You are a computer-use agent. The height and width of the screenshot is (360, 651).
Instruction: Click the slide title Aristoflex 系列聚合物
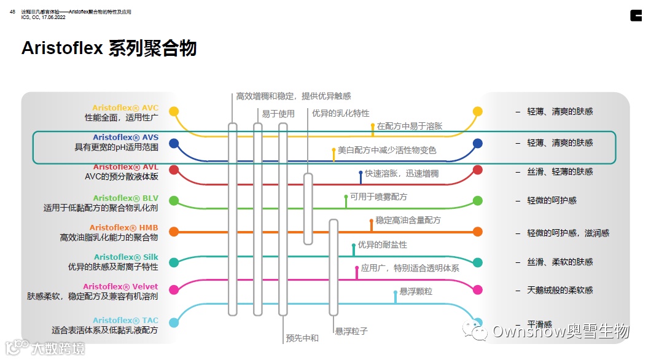coord(109,49)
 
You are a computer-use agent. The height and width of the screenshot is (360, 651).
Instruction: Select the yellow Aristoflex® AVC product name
coord(125,108)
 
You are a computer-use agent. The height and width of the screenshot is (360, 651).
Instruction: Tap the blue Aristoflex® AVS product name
coord(125,138)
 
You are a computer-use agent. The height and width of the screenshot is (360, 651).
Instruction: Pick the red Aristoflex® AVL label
coord(125,167)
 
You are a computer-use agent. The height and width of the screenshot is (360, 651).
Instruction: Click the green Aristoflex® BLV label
coord(125,198)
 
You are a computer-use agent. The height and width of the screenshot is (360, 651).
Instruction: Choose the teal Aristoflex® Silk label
coord(126,257)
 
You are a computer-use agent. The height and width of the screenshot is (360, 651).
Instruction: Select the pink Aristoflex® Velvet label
coord(120,286)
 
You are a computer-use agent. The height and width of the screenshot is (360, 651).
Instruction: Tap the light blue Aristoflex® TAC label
coord(125,320)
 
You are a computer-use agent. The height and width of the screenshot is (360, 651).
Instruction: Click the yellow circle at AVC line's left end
coord(174,112)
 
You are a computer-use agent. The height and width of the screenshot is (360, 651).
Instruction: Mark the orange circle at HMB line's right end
coord(478,232)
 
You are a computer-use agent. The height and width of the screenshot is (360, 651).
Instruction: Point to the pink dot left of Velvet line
coord(174,289)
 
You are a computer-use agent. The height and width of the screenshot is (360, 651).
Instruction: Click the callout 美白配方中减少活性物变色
coord(387,150)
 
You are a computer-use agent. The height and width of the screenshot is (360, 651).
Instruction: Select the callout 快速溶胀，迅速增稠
coord(402,174)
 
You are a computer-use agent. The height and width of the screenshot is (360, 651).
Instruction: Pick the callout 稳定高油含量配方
coord(408,220)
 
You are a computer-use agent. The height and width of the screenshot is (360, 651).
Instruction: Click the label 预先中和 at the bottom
coord(302,338)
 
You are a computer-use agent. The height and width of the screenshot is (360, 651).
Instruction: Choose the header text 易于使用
coord(278,114)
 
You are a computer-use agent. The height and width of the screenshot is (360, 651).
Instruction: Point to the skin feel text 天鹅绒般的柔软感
coord(560,290)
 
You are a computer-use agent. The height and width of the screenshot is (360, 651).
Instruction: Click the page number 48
coord(12,12)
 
